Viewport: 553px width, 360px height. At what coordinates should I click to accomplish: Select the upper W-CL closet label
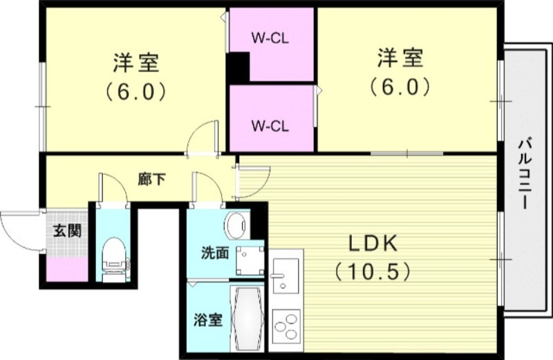tap(270, 37)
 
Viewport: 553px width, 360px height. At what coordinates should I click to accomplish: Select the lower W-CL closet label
tap(270, 126)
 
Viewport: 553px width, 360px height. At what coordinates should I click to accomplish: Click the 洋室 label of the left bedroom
tap(136, 62)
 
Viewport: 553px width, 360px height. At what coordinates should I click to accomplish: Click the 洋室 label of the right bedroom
tap(400, 58)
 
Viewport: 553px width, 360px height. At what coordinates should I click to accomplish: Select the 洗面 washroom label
tap(215, 253)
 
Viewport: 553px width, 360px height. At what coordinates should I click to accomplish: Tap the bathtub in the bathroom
tap(247, 319)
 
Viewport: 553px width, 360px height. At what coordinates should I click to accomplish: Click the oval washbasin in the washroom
tap(237, 225)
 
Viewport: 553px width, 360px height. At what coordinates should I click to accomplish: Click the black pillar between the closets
tap(237, 67)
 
